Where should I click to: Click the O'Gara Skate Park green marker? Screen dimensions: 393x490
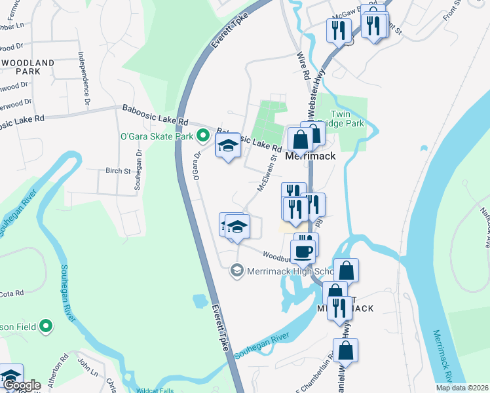point(203,136)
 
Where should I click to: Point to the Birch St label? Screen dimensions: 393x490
point(118,171)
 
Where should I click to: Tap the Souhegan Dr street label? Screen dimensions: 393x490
point(138,170)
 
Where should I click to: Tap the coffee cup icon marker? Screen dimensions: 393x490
point(303,251)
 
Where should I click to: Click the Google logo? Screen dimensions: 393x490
point(21,385)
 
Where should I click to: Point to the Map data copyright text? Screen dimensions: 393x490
point(461,388)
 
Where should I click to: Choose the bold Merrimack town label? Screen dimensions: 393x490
point(311,157)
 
